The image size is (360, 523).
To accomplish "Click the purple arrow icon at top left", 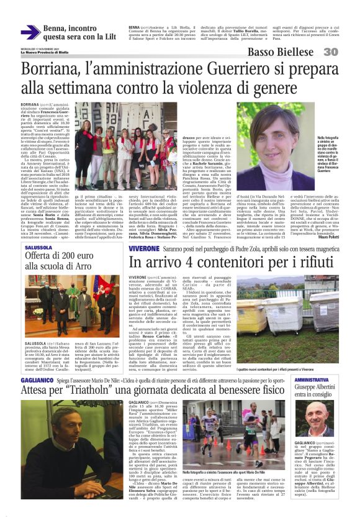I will pyautogui.click(x=30, y=33).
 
